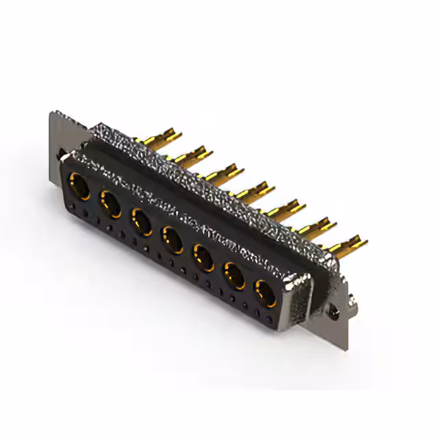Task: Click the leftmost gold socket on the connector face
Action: click(x=79, y=185)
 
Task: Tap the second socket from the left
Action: click(x=110, y=203)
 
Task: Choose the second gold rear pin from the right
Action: click(x=318, y=224)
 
